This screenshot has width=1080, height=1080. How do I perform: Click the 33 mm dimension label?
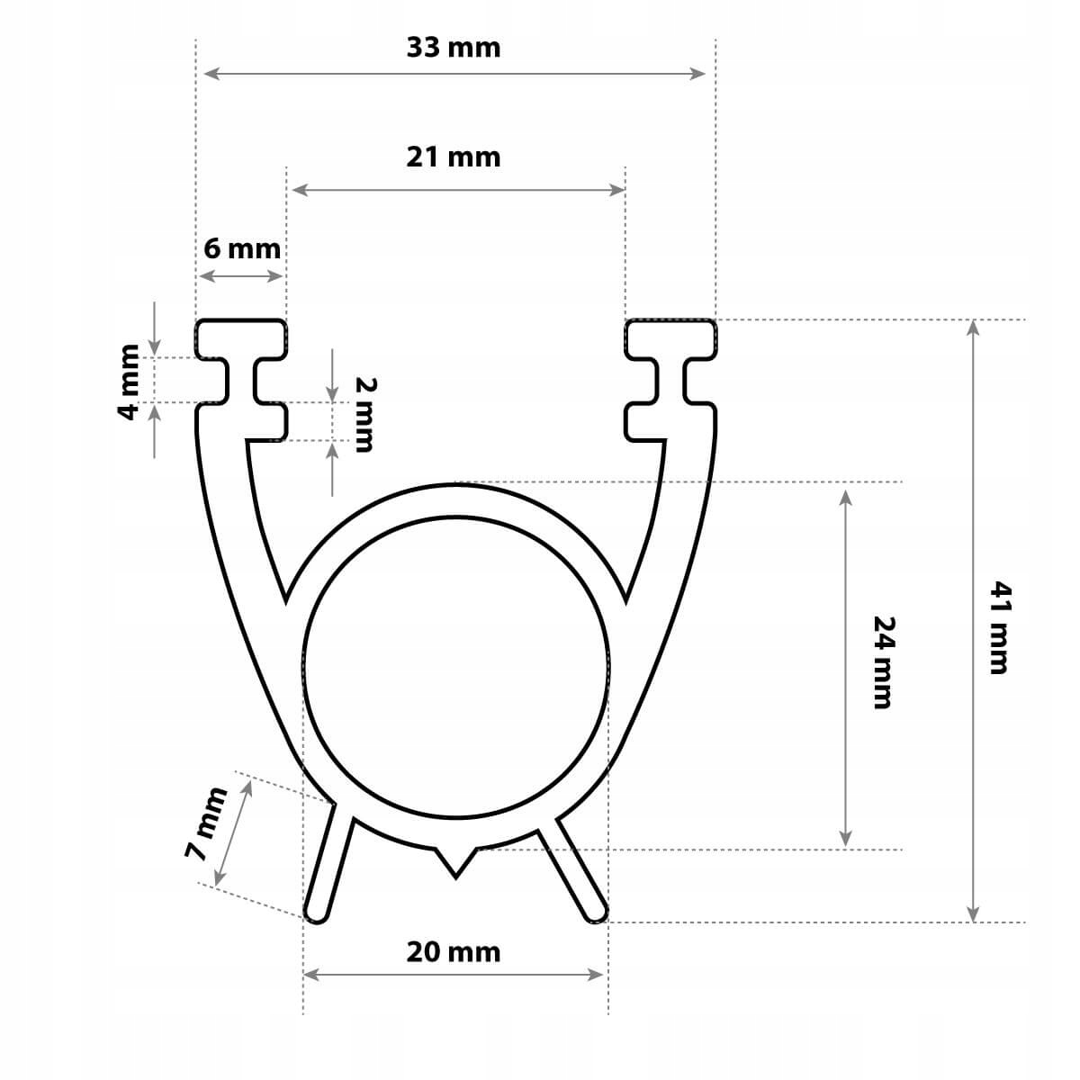(x=453, y=48)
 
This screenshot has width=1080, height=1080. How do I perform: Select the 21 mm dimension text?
(x=453, y=157)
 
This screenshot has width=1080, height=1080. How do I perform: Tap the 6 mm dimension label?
(x=241, y=248)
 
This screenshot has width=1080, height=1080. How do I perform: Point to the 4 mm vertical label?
(x=129, y=382)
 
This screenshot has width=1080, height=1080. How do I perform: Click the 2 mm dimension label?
(x=364, y=414)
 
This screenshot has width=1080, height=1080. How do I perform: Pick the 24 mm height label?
(x=886, y=661)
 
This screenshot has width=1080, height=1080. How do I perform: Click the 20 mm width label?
(x=453, y=952)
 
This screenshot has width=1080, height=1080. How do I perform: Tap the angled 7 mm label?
(x=208, y=824)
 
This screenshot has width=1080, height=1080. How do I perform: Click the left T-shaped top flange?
(x=241, y=338)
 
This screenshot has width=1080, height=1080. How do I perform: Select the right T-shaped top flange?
(x=671, y=338)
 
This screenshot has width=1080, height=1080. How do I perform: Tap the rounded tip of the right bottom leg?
(x=595, y=912)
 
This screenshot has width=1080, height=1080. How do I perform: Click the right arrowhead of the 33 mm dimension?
(x=699, y=73)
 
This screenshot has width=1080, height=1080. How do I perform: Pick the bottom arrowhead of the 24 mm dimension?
(x=845, y=839)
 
